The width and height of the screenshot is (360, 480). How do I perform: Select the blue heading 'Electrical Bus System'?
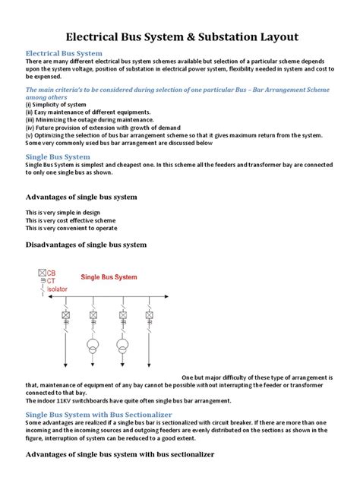64,54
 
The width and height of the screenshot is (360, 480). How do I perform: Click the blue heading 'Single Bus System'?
58,156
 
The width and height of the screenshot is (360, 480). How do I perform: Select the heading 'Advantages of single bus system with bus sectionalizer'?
120,454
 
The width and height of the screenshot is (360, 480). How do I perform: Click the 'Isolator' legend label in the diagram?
59,289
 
